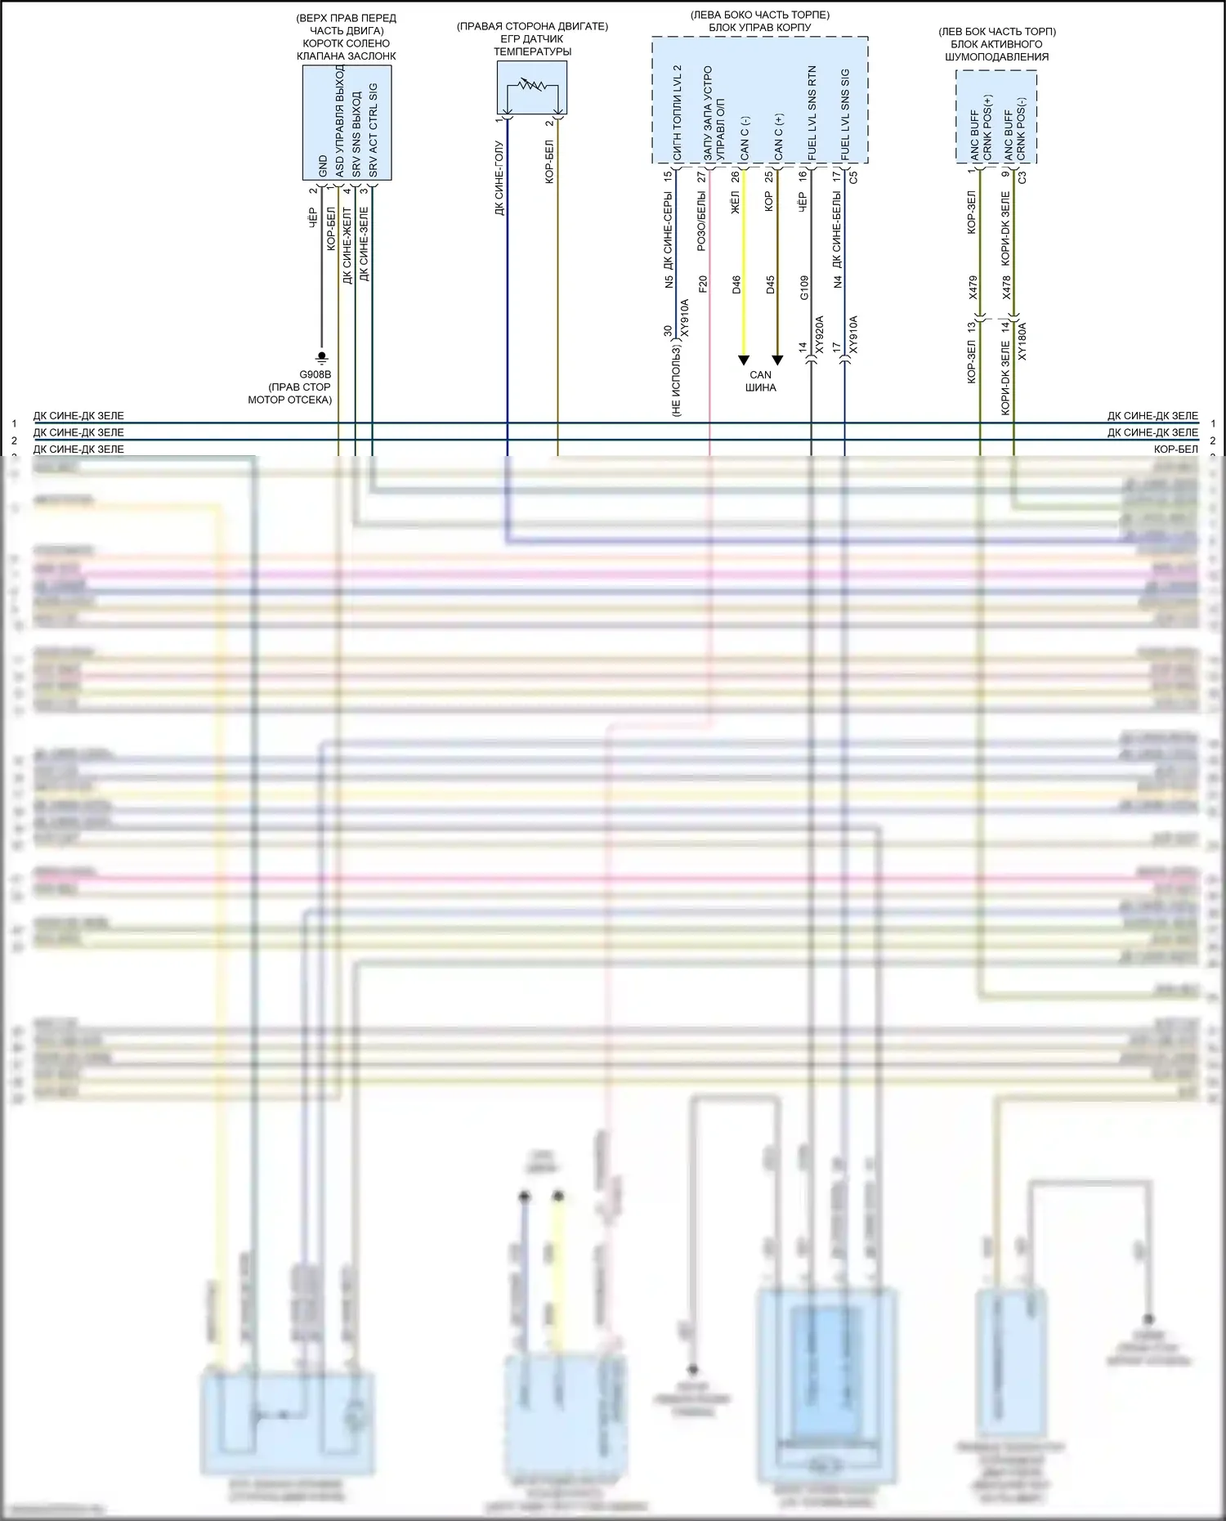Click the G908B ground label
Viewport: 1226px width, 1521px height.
[x=315, y=375]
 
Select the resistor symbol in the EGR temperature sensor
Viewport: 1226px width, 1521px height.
[x=532, y=84]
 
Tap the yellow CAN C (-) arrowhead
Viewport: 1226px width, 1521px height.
[x=744, y=360]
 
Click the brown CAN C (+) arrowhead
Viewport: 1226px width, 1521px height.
[x=777, y=360]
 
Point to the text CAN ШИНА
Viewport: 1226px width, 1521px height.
[x=760, y=381]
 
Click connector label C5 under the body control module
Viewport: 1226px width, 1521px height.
[x=853, y=176]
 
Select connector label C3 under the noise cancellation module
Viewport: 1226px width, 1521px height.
[x=1022, y=176]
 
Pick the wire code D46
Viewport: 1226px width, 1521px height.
[x=736, y=285]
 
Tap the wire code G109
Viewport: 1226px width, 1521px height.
[x=804, y=288]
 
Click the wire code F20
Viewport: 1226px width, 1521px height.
[x=703, y=284]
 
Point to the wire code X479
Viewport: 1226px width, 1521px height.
[x=973, y=288]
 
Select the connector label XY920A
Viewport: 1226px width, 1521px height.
[x=820, y=334]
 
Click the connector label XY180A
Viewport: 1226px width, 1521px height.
[x=1022, y=342]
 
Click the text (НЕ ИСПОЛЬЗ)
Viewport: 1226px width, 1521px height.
[x=677, y=380]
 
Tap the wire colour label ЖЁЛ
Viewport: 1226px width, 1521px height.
[x=735, y=202]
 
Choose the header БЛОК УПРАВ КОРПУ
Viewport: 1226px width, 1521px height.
[x=759, y=27]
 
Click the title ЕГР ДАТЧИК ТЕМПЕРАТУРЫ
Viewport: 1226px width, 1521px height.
[x=532, y=45]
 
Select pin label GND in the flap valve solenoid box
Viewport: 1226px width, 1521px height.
[x=323, y=166]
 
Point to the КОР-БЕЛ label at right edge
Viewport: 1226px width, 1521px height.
[x=1175, y=450]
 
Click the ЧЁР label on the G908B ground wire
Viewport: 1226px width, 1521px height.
[x=313, y=217]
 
